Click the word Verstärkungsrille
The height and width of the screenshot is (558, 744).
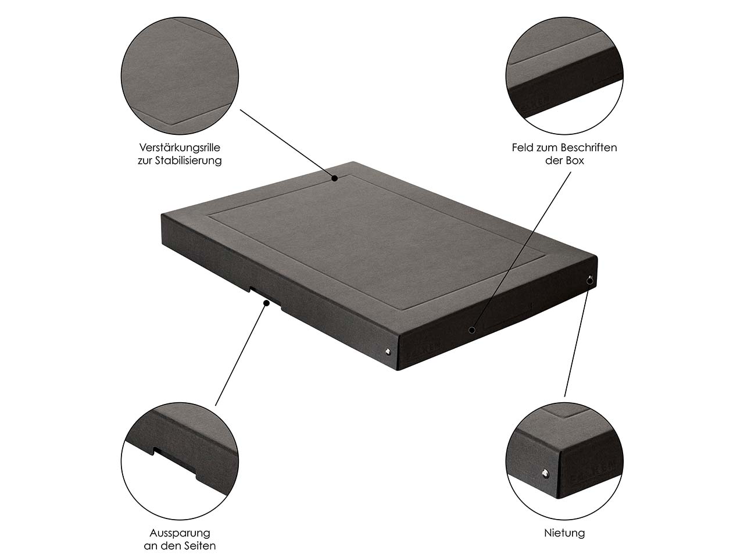pyautogui.click(x=180, y=148)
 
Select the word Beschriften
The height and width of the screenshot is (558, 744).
pyautogui.click(x=588, y=148)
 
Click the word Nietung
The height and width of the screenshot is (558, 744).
pyautogui.click(x=564, y=533)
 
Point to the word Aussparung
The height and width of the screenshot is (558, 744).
pyautogui.click(x=180, y=533)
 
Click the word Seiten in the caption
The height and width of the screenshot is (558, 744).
pyautogui.click(x=199, y=546)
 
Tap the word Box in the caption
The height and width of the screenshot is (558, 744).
pyautogui.click(x=575, y=160)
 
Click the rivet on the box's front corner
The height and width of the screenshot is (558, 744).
pyautogui.click(x=388, y=352)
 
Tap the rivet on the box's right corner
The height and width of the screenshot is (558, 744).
pyautogui.click(x=590, y=280)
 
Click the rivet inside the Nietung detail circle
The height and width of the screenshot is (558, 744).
pyautogui.click(x=545, y=473)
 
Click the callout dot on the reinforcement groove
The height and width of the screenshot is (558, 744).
pyautogui.click(x=335, y=178)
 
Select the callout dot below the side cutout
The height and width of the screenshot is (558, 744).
pyautogui.click(x=267, y=303)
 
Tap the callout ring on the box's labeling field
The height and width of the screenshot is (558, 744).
pyautogui.click(x=472, y=330)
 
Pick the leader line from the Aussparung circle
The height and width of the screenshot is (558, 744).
pyautogui.click(x=241, y=355)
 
